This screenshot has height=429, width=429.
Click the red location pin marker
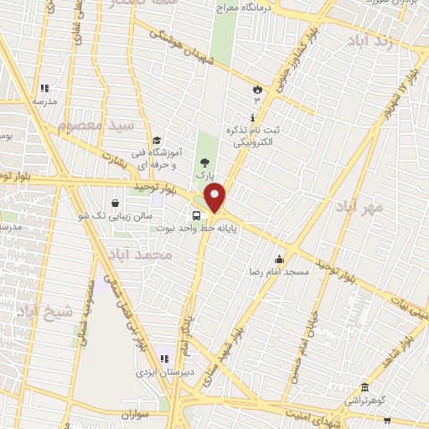click(x=216, y=199)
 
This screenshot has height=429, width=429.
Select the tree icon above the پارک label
click(x=204, y=163)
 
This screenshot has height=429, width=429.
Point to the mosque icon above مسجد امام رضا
click(x=279, y=259)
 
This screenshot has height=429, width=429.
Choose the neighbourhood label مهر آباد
click(x=362, y=206)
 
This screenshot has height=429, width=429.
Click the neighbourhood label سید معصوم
click(x=96, y=127)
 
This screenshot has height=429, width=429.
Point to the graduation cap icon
click(x=157, y=141)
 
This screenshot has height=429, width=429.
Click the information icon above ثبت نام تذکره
click(x=253, y=118)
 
